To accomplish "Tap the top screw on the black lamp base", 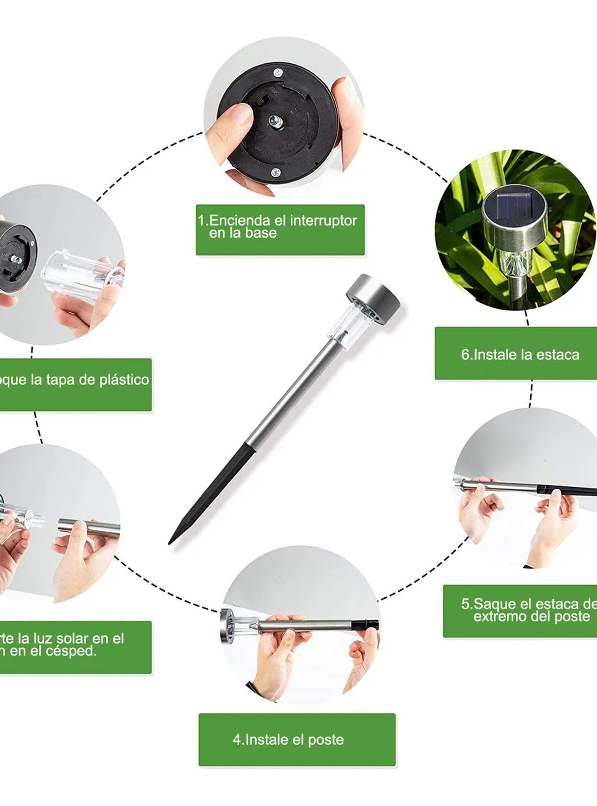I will (278, 73).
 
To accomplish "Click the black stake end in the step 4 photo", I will (367, 625).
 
